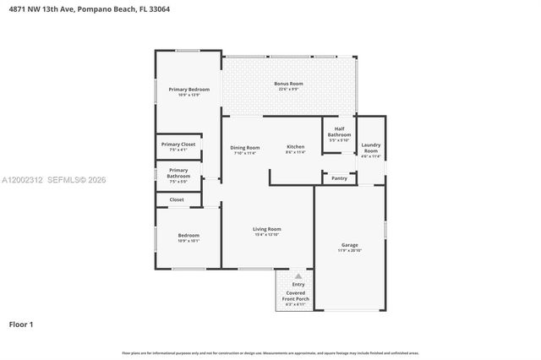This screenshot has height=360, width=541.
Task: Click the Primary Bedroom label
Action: tap(189, 90)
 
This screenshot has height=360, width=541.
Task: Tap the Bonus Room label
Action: tap(288, 84)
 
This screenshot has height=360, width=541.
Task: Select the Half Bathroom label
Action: tap(339, 132)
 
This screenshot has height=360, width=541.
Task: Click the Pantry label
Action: tap(339, 178)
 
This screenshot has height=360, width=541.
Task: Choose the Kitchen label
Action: tap(295, 147)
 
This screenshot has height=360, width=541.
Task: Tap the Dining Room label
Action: tap(245, 148)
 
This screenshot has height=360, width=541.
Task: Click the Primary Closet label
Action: tap(182, 145)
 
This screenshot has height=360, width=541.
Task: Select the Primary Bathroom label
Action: tap(178, 172)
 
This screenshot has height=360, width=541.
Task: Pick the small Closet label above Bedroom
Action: tap(177, 199)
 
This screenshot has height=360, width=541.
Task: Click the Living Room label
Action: tap(267, 229)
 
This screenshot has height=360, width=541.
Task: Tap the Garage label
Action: tap(349, 245)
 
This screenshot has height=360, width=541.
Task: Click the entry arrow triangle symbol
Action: tap(298, 276)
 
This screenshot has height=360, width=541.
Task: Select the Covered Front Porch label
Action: tap(298, 296)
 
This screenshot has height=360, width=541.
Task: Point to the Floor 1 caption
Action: tap(21, 323)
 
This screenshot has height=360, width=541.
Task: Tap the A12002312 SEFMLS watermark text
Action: tap(53, 180)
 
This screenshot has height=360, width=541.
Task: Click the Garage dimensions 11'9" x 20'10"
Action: tap(349, 251)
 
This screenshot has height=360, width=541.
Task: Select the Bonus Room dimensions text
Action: tap(288, 89)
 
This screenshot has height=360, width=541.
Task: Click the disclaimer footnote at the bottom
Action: tap(270, 352)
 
